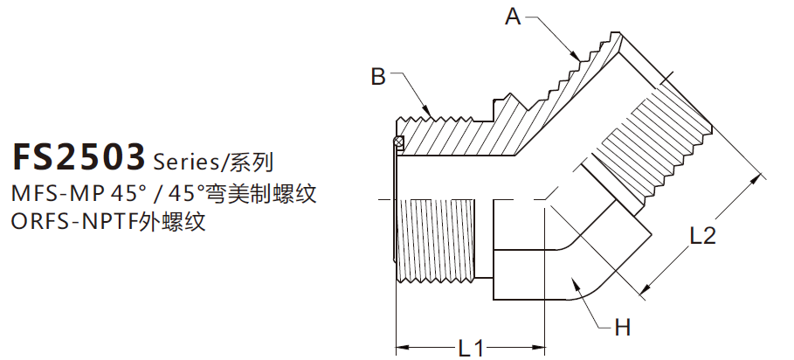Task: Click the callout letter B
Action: (377, 77)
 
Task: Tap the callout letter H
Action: (622, 328)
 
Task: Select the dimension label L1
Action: (472, 347)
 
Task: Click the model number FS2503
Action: (78, 157)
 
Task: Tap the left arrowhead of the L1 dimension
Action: (400, 348)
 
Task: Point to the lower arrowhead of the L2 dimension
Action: (646, 287)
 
